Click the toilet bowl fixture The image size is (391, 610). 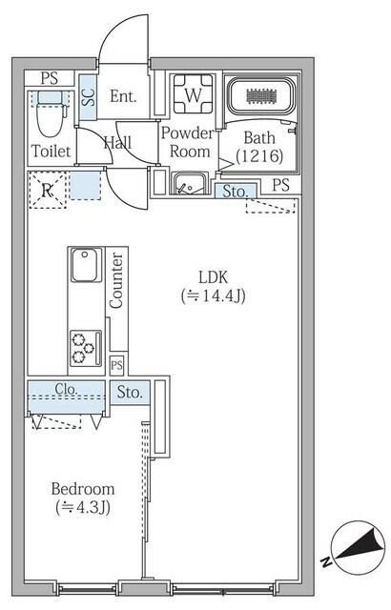(x=51, y=113)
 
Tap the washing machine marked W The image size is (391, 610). (x=194, y=94)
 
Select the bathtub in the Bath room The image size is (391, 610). (x=260, y=96)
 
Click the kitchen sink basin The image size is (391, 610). (x=86, y=265)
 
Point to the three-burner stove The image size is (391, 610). (x=86, y=348)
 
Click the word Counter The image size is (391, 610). (x=116, y=280)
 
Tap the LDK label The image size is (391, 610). (x=213, y=277)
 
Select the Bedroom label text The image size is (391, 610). (x=83, y=489)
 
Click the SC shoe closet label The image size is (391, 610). (x=89, y=97)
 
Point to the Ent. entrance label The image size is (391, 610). (x=123, y=96)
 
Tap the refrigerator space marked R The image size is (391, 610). (x=48, y=191)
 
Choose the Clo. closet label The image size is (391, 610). (x=66, y=389)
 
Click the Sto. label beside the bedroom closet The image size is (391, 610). (x=130, y=392)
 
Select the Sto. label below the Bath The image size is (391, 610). (x=235, y=191)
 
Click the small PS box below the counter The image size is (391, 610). (x=116, y=365)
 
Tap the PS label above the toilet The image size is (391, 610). (x=50, y=78)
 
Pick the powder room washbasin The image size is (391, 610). (x=190, y=184)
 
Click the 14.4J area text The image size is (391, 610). (x=214, y=296)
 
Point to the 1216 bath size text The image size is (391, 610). (x=259, y=156)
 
